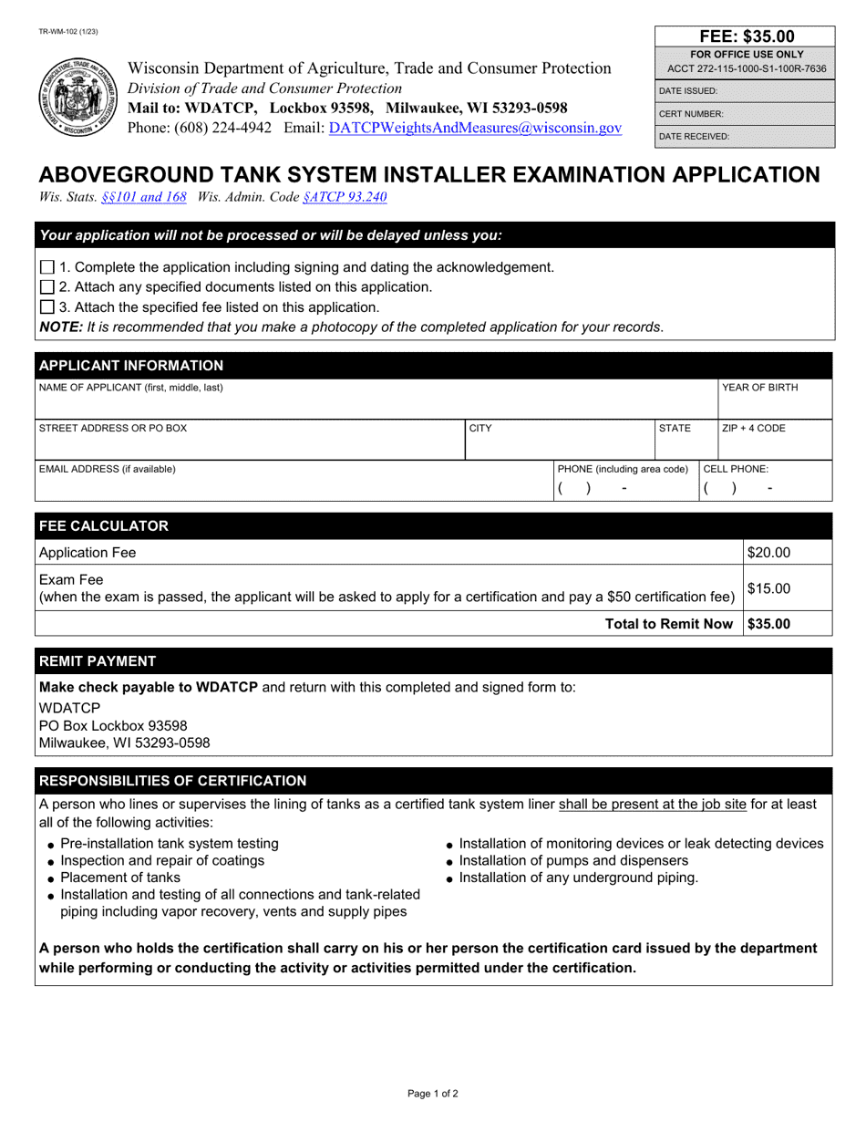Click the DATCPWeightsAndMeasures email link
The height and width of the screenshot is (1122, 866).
(475, 129)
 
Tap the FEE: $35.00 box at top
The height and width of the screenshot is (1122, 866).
(746, 36)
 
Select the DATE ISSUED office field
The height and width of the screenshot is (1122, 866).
(746, 91)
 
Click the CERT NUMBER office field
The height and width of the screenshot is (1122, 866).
(746, 114)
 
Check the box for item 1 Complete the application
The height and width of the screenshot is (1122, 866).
(48, 267)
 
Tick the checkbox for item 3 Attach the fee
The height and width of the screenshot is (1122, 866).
(48, 307)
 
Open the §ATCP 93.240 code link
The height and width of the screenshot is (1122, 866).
(345, 196)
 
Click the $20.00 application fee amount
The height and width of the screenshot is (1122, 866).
(769, 553)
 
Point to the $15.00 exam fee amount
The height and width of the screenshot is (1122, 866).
(769, 588)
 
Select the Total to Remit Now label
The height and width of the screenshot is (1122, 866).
(669, 624)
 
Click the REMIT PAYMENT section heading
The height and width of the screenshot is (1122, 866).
(97, 661)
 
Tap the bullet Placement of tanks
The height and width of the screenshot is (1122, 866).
(120, 878)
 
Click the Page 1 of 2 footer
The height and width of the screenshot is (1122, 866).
(433, 1093)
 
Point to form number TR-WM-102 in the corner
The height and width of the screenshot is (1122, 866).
(68, 32)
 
